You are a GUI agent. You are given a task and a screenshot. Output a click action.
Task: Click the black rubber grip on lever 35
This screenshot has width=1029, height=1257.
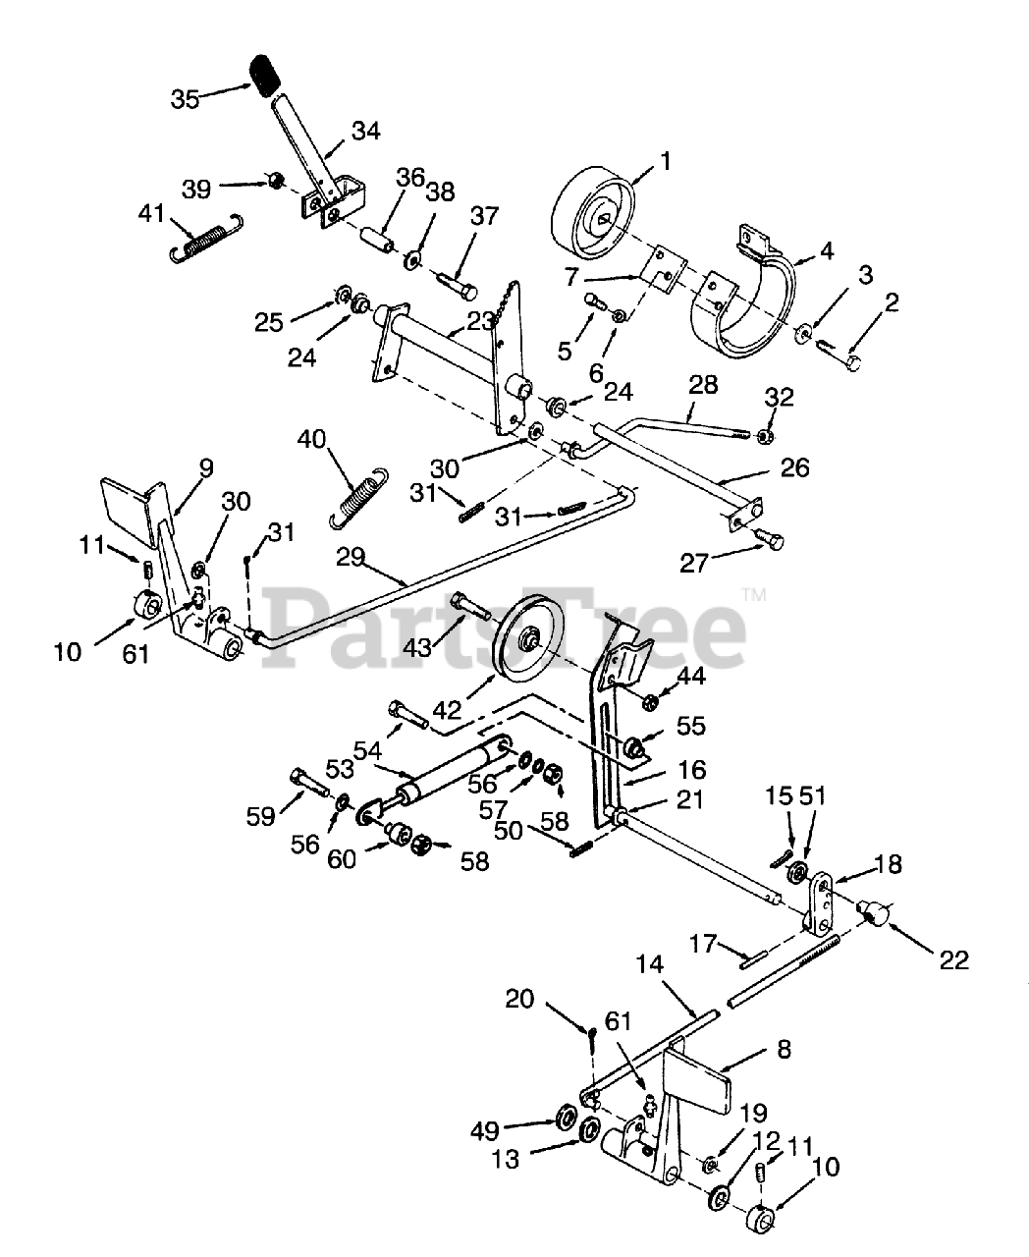pos(266,76)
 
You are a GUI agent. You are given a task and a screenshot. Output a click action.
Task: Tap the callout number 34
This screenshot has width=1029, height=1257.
pos(366,132)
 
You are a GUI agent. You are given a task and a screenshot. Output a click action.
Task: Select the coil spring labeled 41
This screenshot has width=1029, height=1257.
pos(205,237)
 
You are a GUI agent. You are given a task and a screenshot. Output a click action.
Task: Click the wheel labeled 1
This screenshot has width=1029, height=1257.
pos(592,214)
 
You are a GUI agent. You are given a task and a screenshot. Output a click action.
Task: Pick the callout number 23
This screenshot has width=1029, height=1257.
pos(480,321)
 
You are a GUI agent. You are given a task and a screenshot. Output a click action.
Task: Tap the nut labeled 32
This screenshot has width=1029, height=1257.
pos(766,437)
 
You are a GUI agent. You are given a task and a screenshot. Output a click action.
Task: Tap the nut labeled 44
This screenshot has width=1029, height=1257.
pos(649,703)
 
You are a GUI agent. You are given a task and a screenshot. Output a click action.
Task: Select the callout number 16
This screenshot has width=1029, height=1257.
pos(692,770)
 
